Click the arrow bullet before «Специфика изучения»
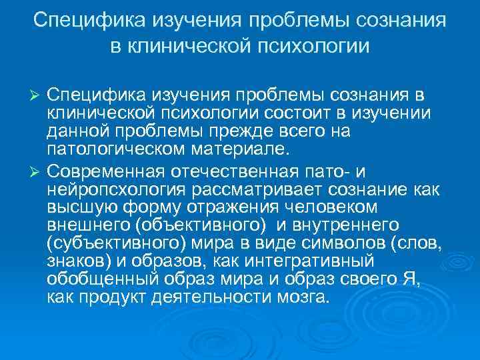(37, 98)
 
